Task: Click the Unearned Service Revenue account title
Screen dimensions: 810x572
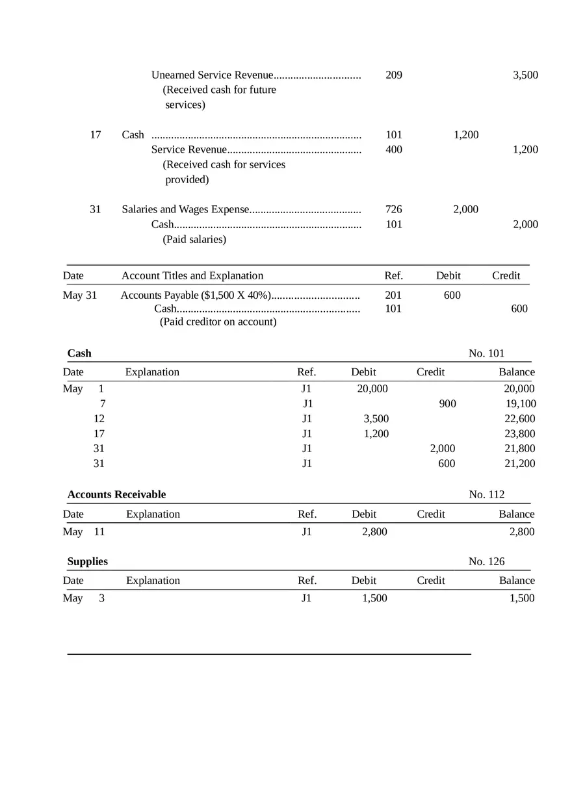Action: click(212, 75)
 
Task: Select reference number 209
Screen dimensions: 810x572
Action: click(393, 75)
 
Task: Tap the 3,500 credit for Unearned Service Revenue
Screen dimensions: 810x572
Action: click(525, 75)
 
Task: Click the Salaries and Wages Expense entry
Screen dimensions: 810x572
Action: click(185, 209)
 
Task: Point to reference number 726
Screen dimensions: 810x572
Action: click(393, 209)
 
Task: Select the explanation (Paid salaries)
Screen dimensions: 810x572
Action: click(194, 240)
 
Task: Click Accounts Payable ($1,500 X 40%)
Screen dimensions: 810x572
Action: click(196, 296)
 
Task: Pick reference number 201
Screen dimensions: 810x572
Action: click(393, 296)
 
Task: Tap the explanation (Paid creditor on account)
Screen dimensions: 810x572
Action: click(218, 322)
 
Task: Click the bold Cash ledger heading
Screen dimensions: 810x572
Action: click(79, 353)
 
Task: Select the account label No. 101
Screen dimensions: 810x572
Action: click(486, 353)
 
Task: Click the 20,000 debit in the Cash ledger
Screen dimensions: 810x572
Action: click(372, 389)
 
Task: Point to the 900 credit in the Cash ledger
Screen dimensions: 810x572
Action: click(447, 404)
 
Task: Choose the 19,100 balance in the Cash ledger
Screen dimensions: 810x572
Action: click(521, 404)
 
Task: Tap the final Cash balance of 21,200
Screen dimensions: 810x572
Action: click(520, 464)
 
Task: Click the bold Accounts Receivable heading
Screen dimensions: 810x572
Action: click(116, 495)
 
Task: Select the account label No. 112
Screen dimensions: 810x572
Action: click(486, 495)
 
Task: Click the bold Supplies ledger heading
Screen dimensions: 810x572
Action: click(88, 562)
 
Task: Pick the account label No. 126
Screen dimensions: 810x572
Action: click(486, 562)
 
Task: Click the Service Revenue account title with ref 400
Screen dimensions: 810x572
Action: click(189, 150)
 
